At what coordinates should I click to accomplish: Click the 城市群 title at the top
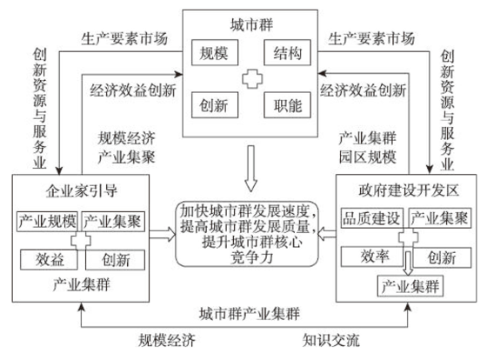tap(251, 25)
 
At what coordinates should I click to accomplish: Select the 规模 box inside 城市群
tap(215, 52)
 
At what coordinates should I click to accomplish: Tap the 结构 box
tap(287, 52)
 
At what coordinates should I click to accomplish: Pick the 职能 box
tap(287, 105)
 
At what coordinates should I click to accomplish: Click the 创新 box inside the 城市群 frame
tap(215, 105)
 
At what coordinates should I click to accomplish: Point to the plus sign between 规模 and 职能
tap(252, 78)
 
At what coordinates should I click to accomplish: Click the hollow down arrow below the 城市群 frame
tap(250, 169)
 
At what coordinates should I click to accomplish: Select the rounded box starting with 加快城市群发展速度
tap(247, 234)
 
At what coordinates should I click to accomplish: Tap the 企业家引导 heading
tap(82, 190)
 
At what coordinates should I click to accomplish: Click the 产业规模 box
tap(47, 221)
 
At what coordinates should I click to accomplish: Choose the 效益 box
tap(49, 259)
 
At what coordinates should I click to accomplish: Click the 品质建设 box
tap(372, 218)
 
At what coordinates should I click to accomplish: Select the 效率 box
tap(372, 257)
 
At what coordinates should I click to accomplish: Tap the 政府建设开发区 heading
tap(409, 190)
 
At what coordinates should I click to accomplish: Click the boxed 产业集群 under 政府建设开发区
tap(410, 286)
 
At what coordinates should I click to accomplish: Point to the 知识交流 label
tap(331, 340)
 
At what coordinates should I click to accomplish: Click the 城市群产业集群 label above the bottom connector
tap(250, 314)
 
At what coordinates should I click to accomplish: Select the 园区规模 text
tap(367, 157)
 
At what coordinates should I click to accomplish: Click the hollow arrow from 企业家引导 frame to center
tap(163, 234)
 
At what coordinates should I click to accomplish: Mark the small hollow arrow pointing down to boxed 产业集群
tap(408, 263)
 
